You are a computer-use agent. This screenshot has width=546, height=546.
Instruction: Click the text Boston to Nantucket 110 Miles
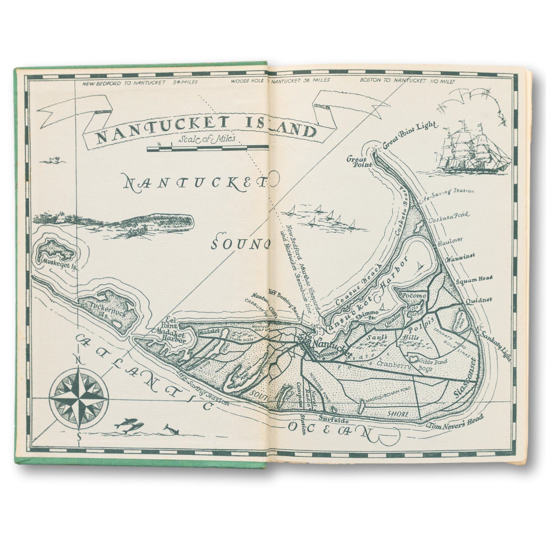(408, 80)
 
